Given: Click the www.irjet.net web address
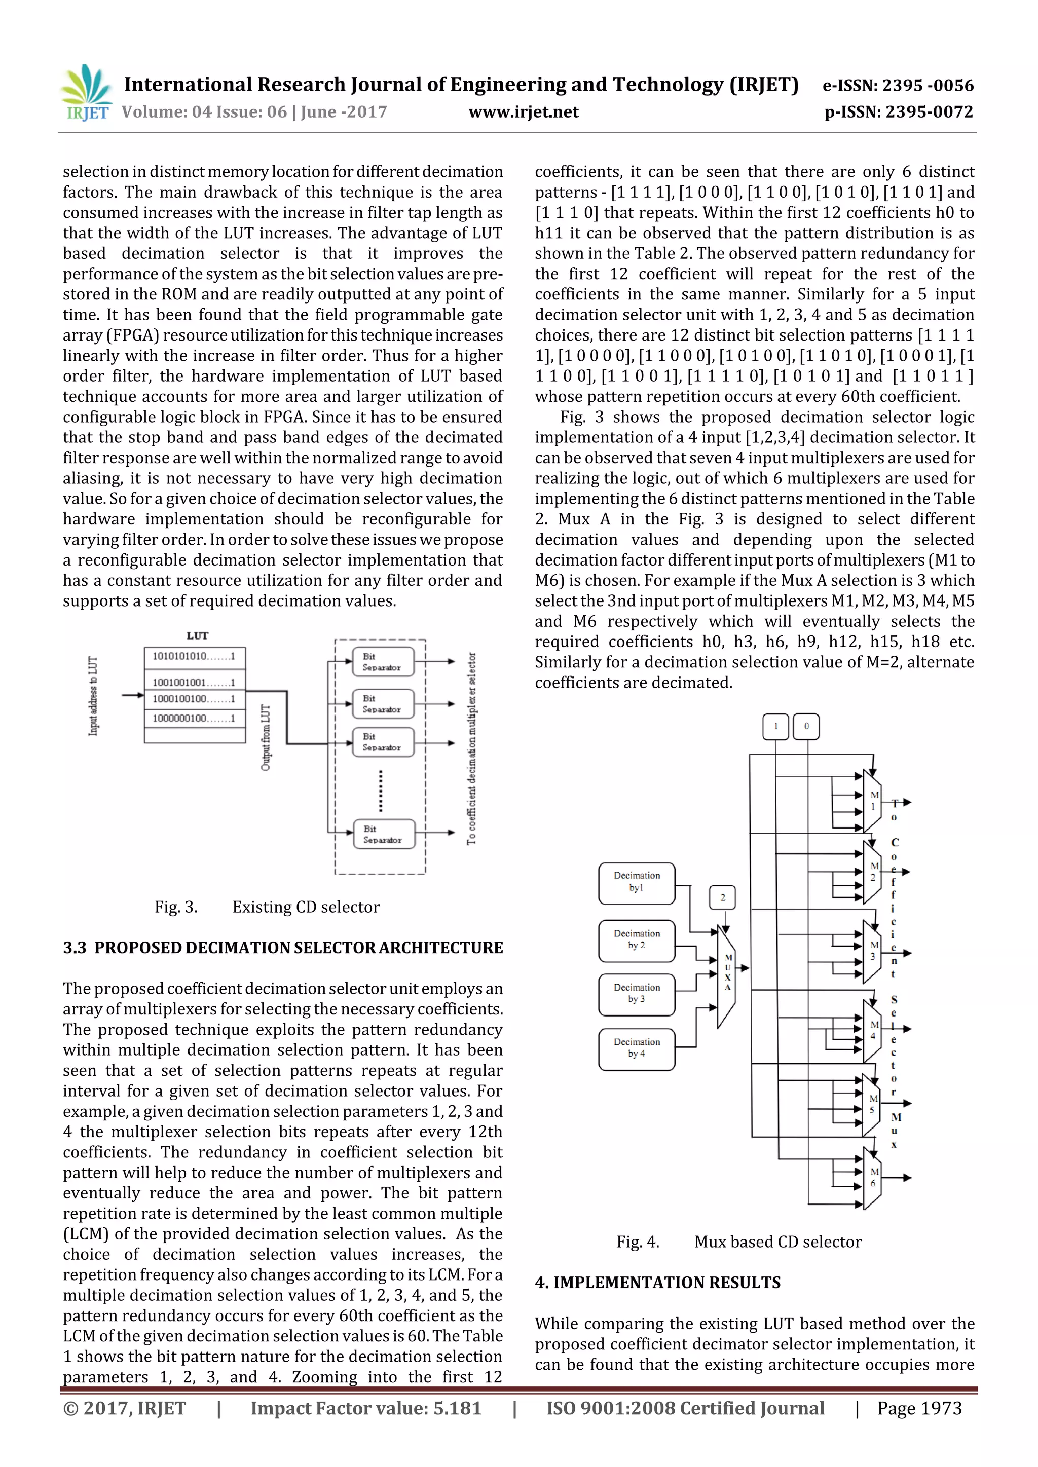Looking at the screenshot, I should [x=523, y=112].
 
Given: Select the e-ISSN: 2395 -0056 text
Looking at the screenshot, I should [x=898, y=85].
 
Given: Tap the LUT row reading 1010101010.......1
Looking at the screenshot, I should [x=194, y=657].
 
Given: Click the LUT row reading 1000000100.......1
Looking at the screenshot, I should [x=194, y=718].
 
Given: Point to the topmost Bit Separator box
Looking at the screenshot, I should [x=383, y=662].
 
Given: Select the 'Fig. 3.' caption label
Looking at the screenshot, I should [x=176, y=907].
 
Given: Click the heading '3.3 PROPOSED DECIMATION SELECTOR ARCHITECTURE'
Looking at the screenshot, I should [x=282, y=948].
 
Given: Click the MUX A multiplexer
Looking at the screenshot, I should [x=727, y=975].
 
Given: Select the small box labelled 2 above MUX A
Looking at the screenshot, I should [x=722, y=897].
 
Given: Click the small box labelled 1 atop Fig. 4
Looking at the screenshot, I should [x=775, y=727].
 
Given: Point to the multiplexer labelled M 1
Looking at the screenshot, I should [x=872, y=801].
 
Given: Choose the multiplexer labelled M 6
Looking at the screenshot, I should [x=872, y=1178].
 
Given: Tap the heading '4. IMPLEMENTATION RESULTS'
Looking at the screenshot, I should [x=658, y=1283].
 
